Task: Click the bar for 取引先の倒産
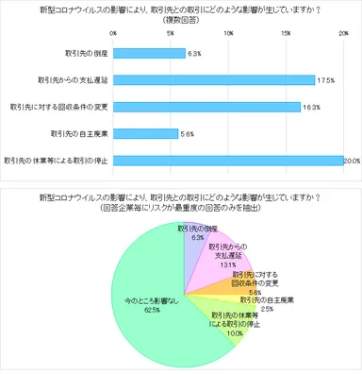click(x=149, y=54)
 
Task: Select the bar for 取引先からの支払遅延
click(x=213, y=80)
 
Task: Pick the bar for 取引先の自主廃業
click(x=145, y=133)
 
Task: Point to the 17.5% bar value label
click(x=326, y=80)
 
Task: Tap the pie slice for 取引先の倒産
click(x=192, y=236)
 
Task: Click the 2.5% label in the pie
click(x=268, y=308)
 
